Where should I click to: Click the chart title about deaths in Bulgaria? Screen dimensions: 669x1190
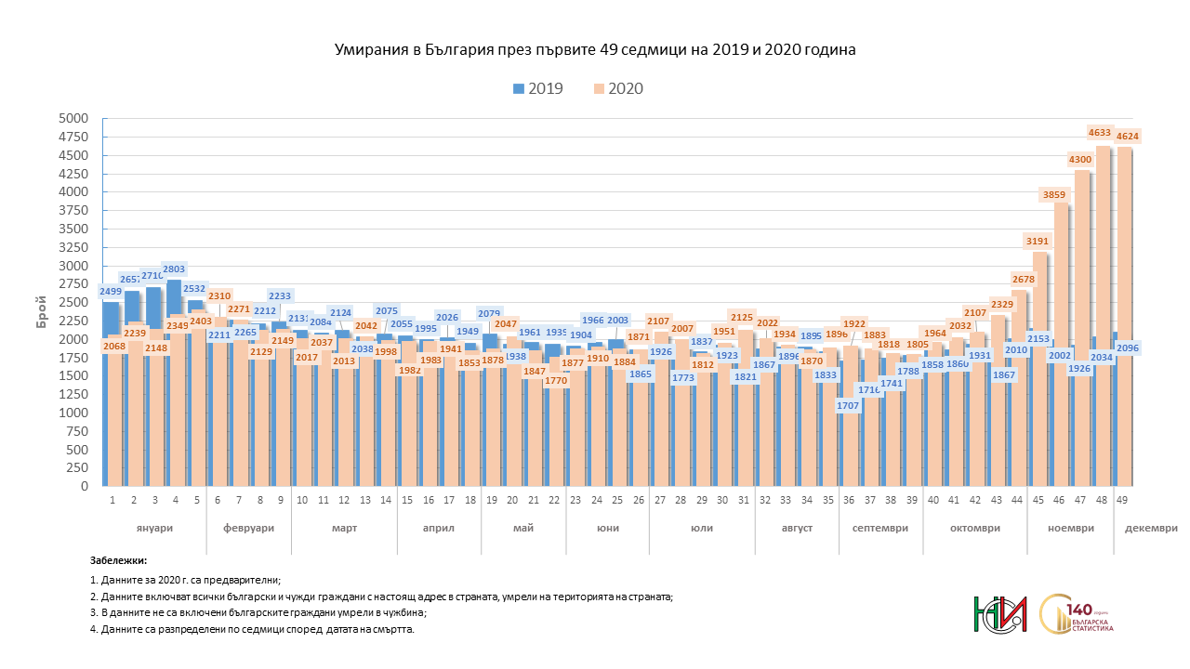pyautogui.click(x=595, y=50)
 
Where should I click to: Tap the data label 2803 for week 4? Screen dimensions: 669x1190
pyautogui.click(x=175, y=269)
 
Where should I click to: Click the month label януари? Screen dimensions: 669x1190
pyautogui.click(x=153, y=528)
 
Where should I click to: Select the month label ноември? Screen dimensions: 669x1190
pyautogui.click(x=1071, y=528)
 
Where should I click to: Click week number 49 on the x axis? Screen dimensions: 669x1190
pyautogui.click(x=1123, y=500)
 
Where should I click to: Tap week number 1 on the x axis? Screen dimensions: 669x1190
pyautogui.click(x=112, y=500)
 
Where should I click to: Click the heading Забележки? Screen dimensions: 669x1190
pyautogui.click(x=119, y=561)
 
